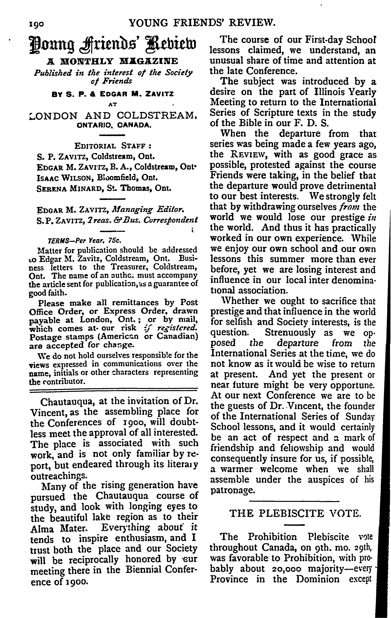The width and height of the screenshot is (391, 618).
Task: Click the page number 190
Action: [37, 24]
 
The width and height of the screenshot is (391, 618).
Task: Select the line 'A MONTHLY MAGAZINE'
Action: [113, 62]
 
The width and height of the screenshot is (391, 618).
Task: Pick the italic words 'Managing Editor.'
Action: [148, 210]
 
